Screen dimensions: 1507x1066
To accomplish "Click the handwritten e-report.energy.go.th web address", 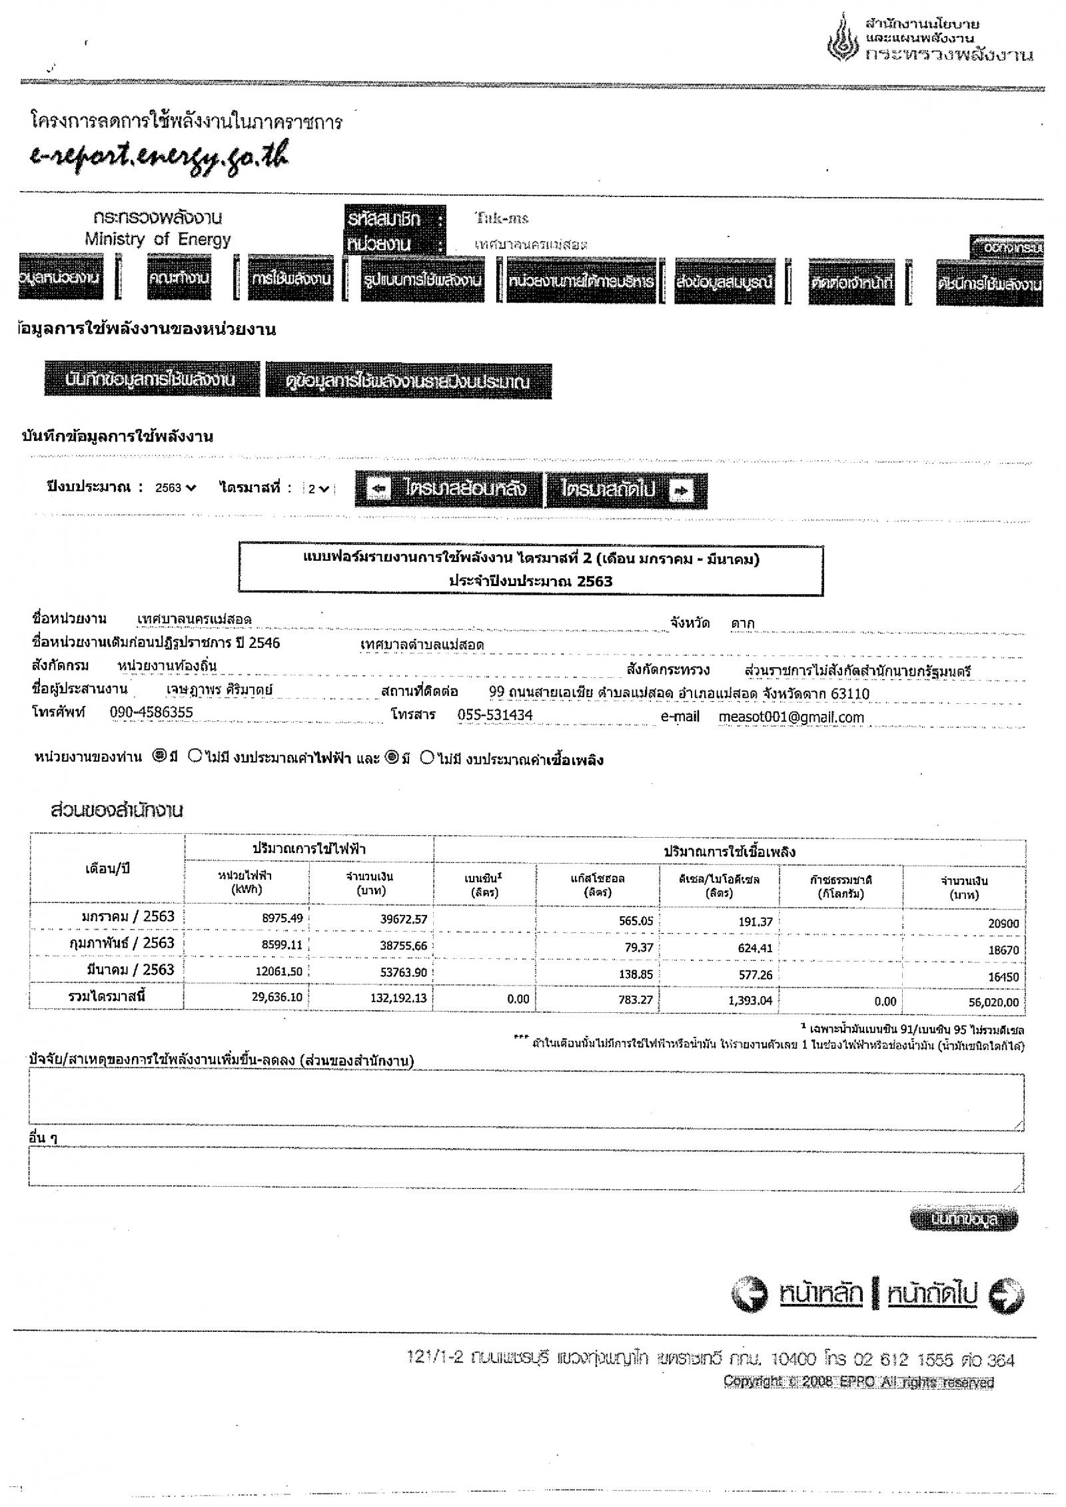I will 161,154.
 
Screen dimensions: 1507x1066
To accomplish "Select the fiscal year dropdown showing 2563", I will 176,488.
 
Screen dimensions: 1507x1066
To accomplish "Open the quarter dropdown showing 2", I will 318,489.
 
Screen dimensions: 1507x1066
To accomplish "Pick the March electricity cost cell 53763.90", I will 403,972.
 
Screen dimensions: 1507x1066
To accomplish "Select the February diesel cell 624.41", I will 755,947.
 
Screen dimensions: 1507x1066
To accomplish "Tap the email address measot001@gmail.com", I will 791,717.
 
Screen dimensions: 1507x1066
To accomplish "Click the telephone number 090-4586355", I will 151,713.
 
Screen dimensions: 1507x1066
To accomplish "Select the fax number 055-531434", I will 494,715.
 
